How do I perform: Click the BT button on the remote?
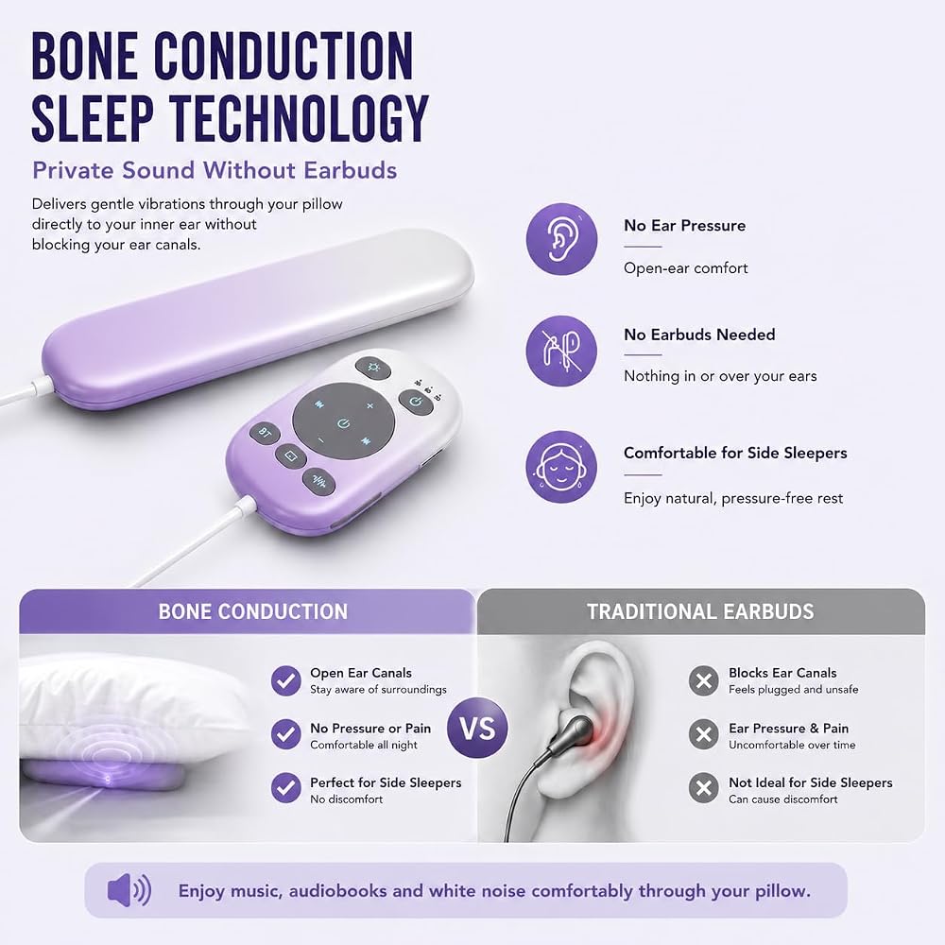265,432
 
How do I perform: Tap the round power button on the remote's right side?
416,402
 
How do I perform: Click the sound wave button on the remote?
318,482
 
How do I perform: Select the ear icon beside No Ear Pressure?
561,239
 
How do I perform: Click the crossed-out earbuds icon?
561,351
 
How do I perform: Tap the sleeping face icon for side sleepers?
561,467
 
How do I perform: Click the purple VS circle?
477,728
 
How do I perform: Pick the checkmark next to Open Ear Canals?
285,681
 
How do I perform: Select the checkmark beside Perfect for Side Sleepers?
285,788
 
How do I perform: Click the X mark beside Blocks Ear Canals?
703,681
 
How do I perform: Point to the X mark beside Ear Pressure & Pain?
703,734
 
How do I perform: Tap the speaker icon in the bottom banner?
129,890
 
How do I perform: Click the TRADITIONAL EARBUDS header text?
700,611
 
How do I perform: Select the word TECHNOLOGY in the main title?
299,119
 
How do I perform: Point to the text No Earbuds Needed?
699,335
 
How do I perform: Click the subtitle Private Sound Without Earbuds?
215,170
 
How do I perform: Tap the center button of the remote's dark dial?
344,423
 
